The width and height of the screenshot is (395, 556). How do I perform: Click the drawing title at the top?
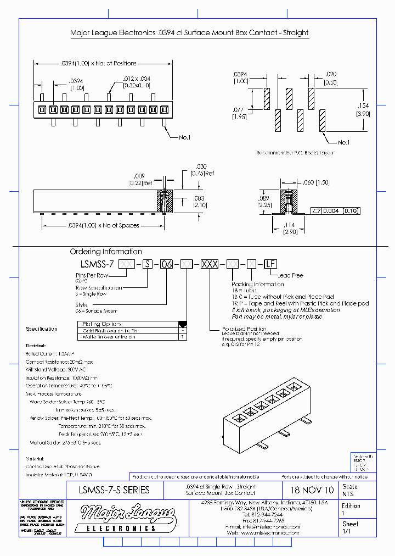click(189, 33)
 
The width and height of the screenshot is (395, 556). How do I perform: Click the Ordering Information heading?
click(106, 252)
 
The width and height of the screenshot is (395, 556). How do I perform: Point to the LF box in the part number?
click(270, 264)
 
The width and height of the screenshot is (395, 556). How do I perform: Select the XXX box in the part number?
click(208, 264)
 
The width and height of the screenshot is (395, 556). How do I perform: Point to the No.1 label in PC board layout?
click(344, 142)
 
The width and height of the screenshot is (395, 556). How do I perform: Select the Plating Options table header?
click(102, 324)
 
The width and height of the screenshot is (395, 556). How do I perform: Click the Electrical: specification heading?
click(36, 347)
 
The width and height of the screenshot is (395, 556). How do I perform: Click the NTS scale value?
click(348, 494)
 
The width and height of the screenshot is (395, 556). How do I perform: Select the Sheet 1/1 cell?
click(351, 528)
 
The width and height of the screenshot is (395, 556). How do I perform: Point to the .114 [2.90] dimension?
click(290, 229)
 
